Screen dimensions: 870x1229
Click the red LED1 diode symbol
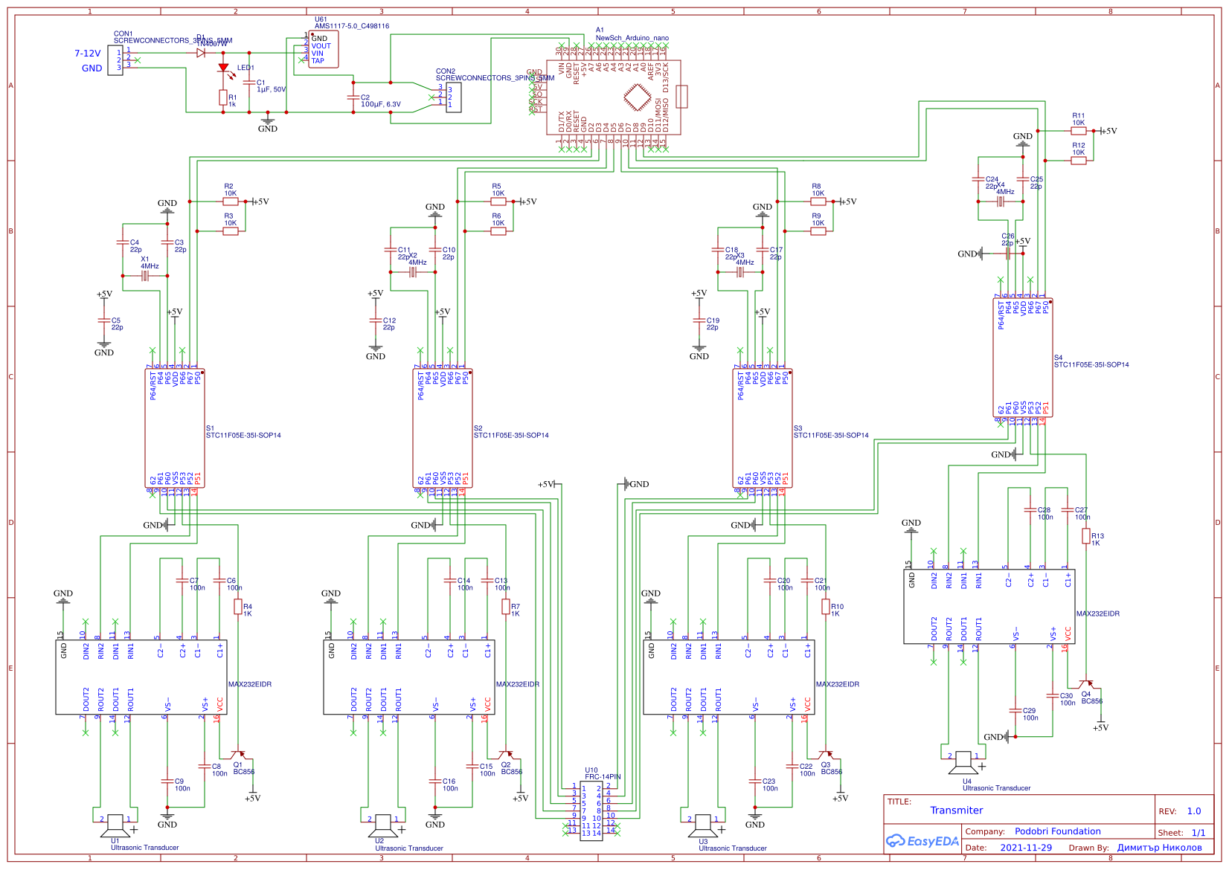(223, 68)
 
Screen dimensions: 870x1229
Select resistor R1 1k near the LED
(223, 97)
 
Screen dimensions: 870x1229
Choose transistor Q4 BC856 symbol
(1088, 684)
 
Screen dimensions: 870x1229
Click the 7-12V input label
(87, 54)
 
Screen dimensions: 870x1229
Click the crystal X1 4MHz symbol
(145, 276)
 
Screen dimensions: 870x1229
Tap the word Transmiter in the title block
(956, 811)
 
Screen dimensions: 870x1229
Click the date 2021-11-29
(1026, 848)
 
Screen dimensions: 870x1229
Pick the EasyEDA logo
(922, 842)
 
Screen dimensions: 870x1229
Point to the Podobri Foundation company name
(1057, 831)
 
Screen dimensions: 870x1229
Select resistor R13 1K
(1086, 536)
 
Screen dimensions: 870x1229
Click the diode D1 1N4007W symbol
(201, 53)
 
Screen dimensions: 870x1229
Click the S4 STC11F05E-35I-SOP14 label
(1091, 364)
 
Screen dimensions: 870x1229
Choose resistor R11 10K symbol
(1079, 130)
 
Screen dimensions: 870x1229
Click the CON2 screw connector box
(453, 97)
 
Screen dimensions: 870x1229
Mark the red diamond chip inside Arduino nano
(637, 97)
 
